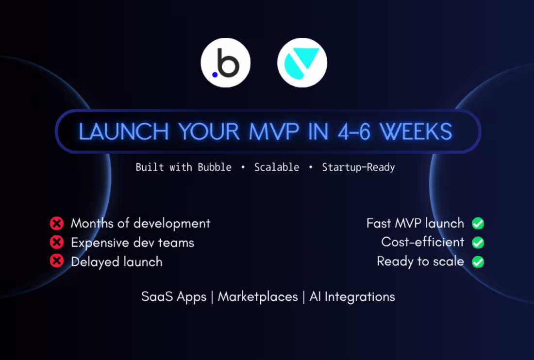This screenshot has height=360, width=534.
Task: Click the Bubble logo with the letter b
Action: click(225, 63)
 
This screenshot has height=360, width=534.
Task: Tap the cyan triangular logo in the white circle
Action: click(302, 63)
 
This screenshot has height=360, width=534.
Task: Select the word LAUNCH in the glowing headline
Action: click(123, 132)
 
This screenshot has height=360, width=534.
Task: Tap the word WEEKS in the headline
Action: click(416, 132)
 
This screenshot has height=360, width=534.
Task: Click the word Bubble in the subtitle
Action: click(214, 167)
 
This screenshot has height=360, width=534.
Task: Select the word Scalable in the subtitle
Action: click(277, 167)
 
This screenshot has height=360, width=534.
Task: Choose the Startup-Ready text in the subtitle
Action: click(358, 167)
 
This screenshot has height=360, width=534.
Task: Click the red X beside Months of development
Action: click(57, 224)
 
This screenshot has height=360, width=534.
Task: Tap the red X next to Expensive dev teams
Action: click(57, 242)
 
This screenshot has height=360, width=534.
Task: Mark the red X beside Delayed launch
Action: click(57, 262)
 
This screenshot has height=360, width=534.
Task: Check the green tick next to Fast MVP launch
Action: click(478, 224)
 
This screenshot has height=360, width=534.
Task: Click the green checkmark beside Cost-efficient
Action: click(478, 242)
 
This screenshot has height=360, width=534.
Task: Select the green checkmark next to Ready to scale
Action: click(478, 262)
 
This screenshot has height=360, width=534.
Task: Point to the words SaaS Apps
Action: click(174, 296)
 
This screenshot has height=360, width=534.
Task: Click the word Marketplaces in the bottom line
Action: click(258, 296)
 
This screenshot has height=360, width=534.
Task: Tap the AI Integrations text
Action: click(352, 296)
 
